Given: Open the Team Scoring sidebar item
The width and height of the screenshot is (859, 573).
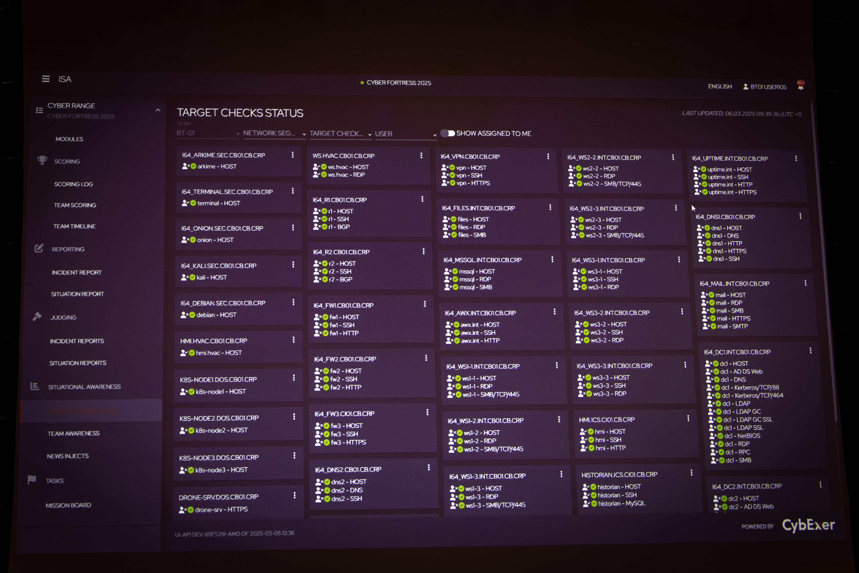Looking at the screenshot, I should [75, 205].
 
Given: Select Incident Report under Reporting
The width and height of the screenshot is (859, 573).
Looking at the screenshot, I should [76, 272].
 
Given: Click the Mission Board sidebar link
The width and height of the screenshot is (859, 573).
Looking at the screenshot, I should [68, 505].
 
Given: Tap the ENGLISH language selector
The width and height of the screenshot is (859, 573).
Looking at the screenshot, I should [720, 86].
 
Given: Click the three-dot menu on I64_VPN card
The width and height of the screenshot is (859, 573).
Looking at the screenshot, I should [548, 156].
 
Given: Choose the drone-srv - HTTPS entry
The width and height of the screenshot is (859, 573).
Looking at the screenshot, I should [221, 509].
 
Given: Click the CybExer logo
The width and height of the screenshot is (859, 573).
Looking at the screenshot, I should [808, 525].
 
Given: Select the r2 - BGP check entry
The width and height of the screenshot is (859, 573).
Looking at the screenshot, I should [340, 279].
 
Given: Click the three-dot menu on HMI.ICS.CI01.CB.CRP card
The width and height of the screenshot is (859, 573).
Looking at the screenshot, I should [688, 418].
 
